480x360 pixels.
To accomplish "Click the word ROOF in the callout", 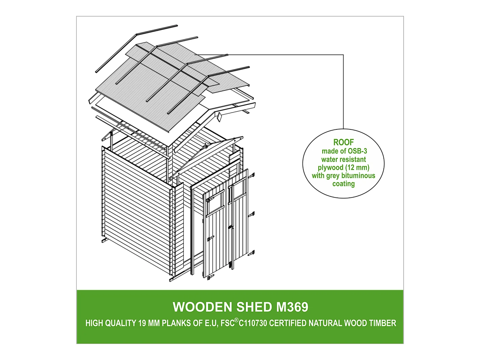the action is pyautogui.click(x=343, y=142).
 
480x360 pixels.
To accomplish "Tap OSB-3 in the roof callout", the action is pyautogui.click(x=357, y=151).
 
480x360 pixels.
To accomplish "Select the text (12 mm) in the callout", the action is pyautogui.click(x=357, y=168).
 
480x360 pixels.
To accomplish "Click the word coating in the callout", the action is pyautogui.click(x=343, y=184).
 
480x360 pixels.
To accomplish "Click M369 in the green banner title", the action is pyautogui.click(x=292, y=307).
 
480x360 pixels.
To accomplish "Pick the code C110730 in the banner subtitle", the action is pyautogui.click(x=253, y=323).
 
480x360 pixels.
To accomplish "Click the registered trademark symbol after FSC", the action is pyautogui.click(x=236, y=320).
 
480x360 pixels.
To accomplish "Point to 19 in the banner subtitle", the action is pyautogui.click(x=142, y=323).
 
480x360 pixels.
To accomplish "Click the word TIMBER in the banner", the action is pyautogui.click(x=382, y=323).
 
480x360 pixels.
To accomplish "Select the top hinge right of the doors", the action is pyautogui.click(x=251, y=176).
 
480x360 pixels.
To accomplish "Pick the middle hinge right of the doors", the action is pyautogui.click(x=251, y=214).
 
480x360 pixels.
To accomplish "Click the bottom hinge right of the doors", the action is pyautogui.click(x=251, y=253).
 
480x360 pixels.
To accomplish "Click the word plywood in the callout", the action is pyautogui.click(x=330, y=168).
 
